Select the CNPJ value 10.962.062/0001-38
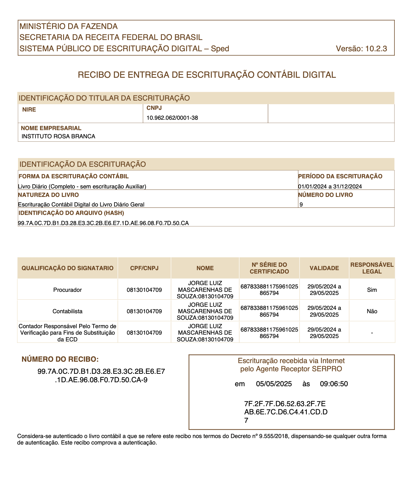click(172, 118)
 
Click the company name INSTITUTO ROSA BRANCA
click(58, 136)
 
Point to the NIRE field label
click(29, 110)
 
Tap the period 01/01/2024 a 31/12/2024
click(330, 186)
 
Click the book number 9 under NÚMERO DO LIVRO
click(301, 205)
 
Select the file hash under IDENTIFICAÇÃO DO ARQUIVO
click(103, 223)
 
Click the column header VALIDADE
click(324, 268)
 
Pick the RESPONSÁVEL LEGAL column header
click(372, 268)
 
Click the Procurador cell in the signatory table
click(67, 290)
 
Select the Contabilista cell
click(67, 311)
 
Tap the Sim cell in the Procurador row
click(372, 290)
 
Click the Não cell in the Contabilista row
click(372, 311)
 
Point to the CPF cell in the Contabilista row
click(144, 311)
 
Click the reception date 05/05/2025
click(274, 384)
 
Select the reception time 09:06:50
click(334, 384)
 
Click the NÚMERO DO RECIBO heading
click(60, 359)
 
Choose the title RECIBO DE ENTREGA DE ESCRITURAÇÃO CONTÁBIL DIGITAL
click(207, 75)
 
